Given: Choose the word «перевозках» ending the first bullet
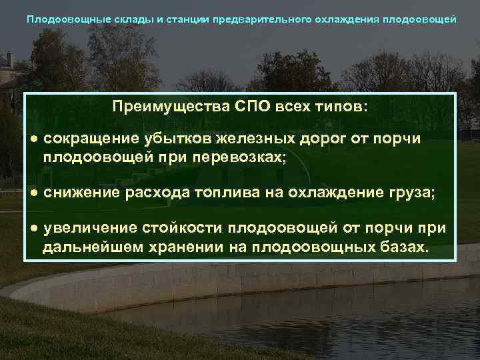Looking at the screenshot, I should [x=238, y=158].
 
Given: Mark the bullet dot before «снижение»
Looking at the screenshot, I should [x=33, y=193].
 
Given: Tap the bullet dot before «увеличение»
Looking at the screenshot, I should [x=33, y=229].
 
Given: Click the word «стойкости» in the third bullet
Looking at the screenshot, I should [x=183, y=229].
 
